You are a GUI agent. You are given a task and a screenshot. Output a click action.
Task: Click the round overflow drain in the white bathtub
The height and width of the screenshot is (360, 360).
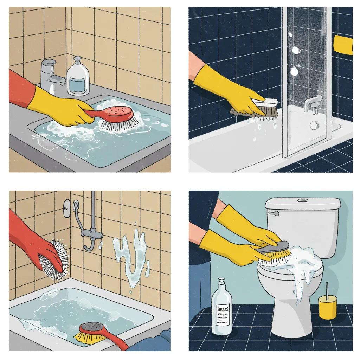click(x=313, y=125)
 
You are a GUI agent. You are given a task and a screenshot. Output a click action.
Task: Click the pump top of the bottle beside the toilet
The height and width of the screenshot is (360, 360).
click(x=221, y=283)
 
